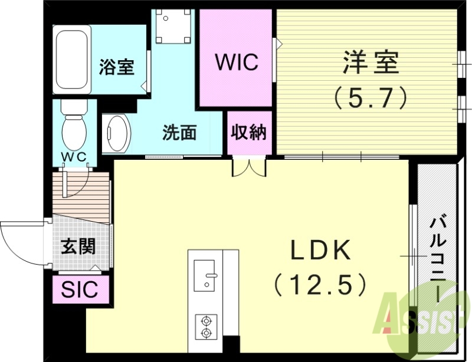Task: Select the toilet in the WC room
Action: (74, 126)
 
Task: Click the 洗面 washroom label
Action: (179, 133)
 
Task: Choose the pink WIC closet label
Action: (236, 62)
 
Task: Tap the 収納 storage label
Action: (250, 133)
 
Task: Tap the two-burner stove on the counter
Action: (206, 326)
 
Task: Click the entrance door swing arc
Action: (18, 242)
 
